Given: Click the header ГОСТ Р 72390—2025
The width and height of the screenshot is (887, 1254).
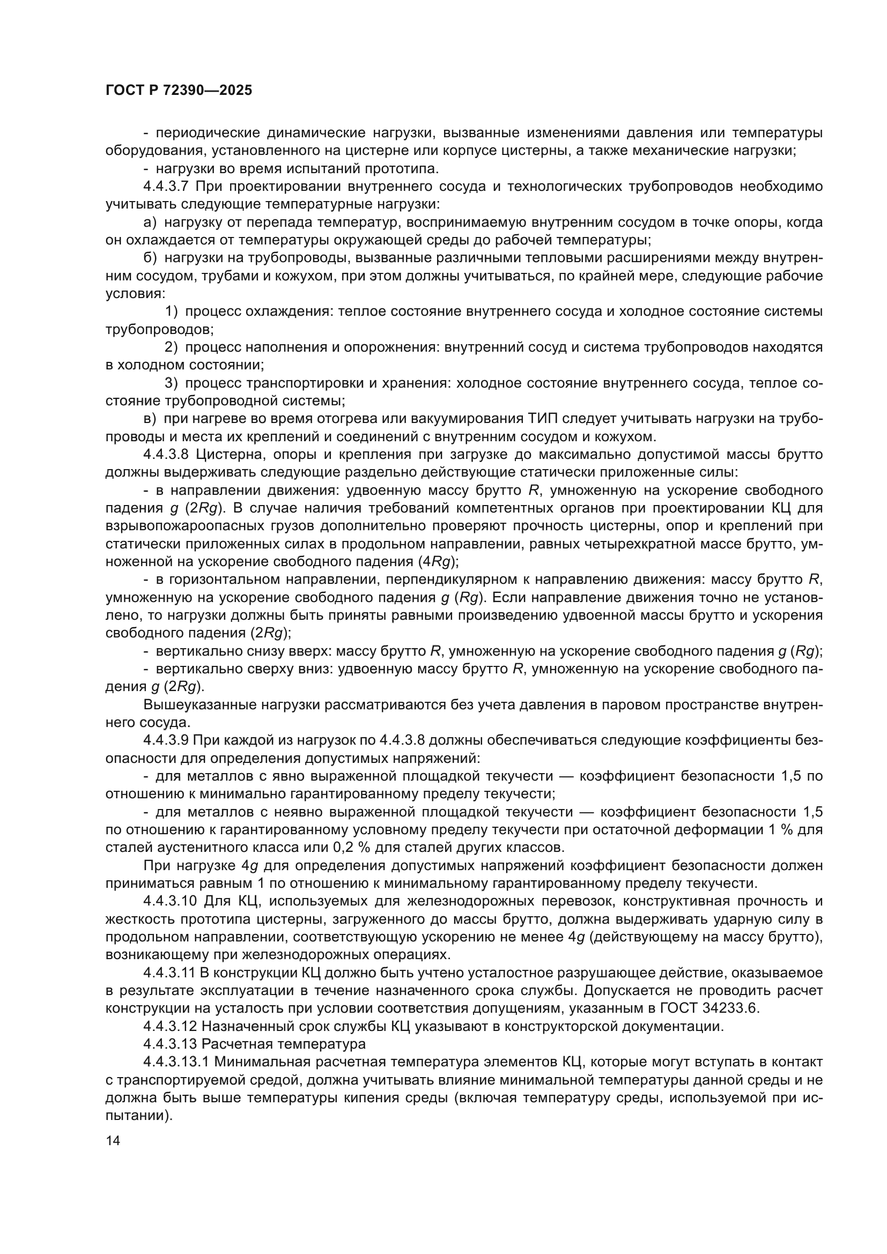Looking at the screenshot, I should coord(179,91).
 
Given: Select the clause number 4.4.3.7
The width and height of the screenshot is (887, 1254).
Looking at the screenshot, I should coord(166,187).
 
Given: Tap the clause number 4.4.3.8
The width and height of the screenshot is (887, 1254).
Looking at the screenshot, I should coord(166,455).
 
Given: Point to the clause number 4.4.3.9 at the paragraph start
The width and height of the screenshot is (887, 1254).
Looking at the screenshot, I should coord(166,740).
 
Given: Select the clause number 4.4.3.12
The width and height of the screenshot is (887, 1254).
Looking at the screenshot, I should coord(169,1026).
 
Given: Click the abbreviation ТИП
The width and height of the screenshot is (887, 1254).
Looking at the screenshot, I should coord(543,419).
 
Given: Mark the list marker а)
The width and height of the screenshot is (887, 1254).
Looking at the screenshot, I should coord(150,223).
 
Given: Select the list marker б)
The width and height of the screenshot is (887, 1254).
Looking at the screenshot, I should coord(150,258).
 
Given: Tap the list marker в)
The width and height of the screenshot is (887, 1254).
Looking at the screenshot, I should coord(150,419).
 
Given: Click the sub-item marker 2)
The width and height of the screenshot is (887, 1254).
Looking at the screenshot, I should coord(171,347).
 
